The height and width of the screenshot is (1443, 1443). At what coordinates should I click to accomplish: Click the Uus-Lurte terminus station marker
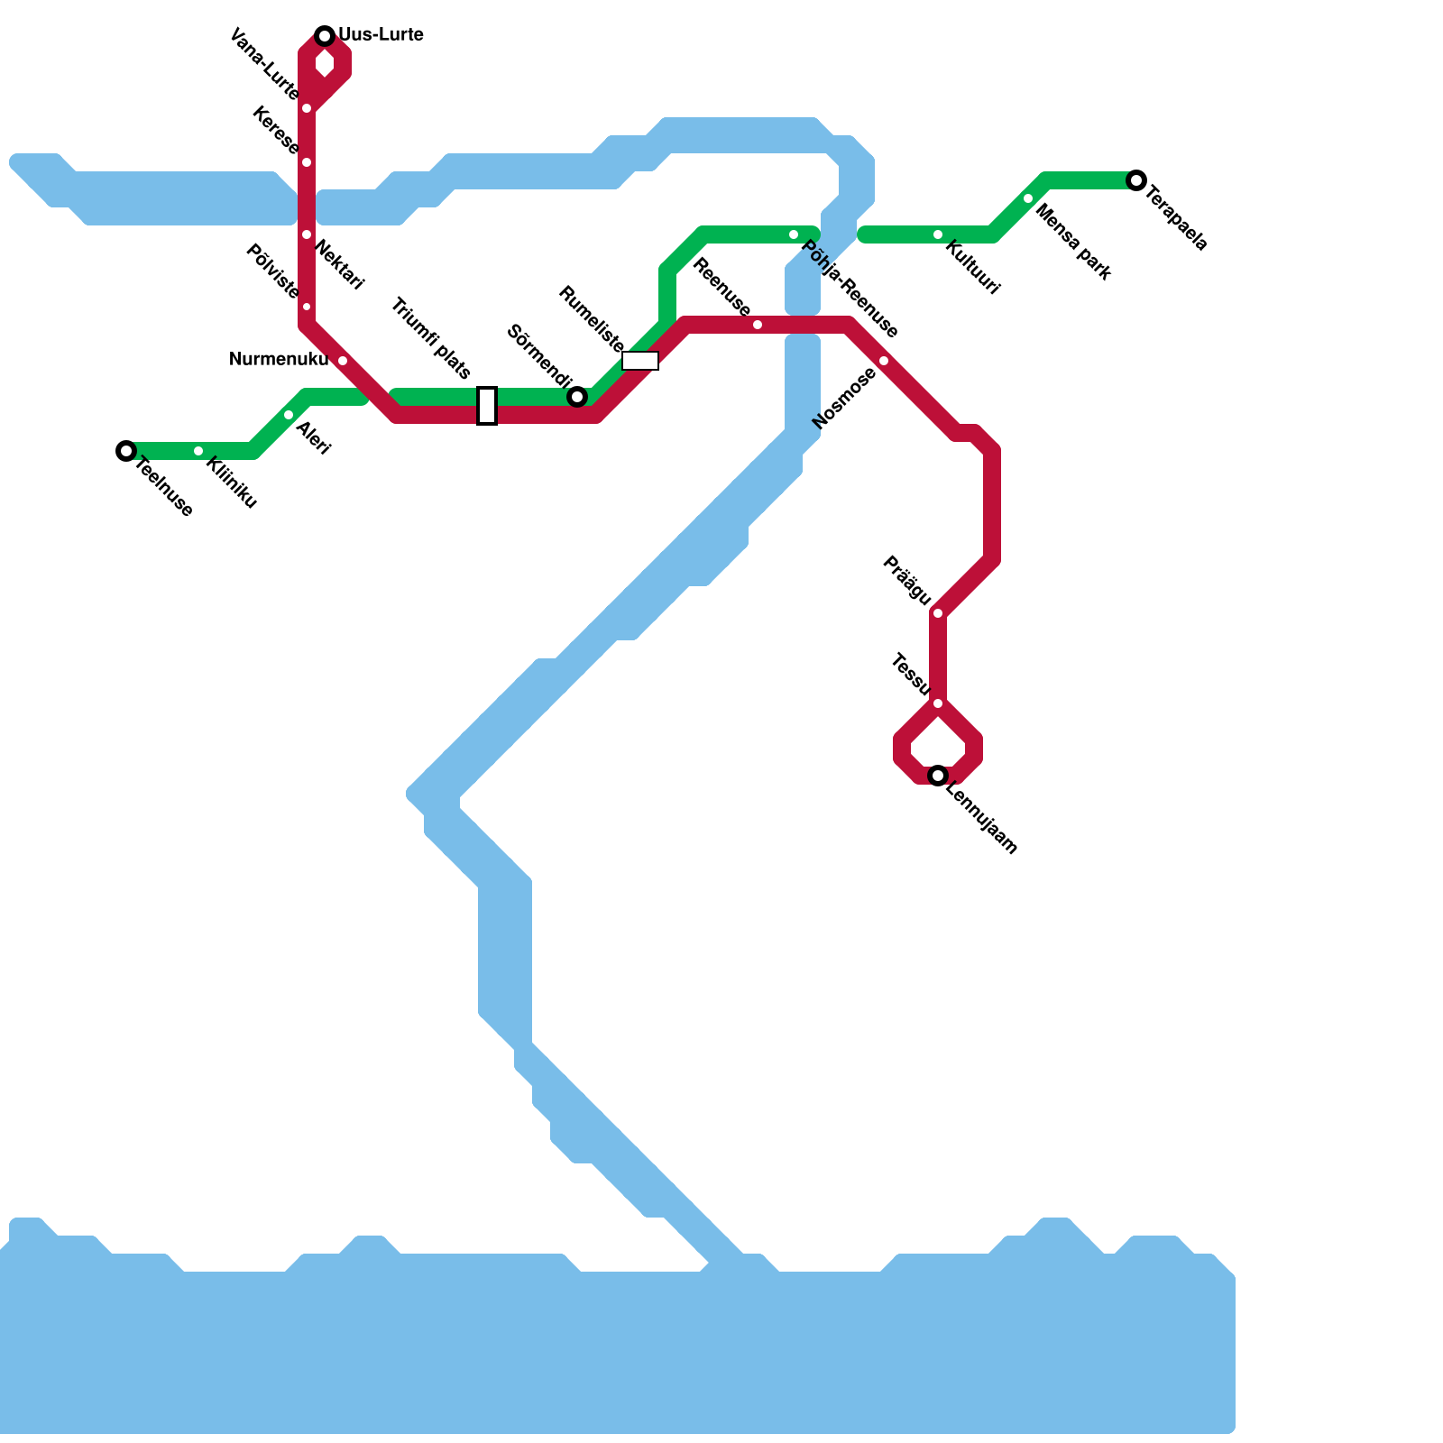pos(325,36)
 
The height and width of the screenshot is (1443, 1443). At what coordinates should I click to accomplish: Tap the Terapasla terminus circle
pos(1136,180)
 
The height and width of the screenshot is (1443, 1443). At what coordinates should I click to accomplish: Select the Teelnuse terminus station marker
pos(126,451)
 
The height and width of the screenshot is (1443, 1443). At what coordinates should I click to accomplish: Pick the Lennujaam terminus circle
pos(938,776)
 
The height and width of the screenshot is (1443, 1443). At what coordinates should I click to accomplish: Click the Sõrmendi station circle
pos(577,397)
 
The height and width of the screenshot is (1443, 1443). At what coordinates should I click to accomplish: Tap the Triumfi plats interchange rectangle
pos(487,406)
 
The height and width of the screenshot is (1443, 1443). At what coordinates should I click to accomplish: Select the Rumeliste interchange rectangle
pos(640,361)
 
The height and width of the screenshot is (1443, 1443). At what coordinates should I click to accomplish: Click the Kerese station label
pos(276,130)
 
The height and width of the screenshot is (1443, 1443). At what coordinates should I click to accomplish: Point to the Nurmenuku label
pos(279,360)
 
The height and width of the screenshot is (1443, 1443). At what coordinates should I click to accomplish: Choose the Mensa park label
pos(1073,242)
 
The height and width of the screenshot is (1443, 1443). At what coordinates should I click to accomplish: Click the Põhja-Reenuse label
pos(850,290)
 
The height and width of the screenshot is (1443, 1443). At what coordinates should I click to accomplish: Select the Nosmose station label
pos(844,399)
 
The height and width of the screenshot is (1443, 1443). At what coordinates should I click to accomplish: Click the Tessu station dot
pos(938,703)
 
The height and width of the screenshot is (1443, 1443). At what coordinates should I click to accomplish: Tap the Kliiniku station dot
pos(198,451)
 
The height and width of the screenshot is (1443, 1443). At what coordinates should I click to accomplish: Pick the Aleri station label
pos(314,438)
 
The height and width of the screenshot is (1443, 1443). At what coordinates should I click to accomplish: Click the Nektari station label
pos(340,266)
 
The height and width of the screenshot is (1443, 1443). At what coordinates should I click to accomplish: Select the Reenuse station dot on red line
pos(758,325)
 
